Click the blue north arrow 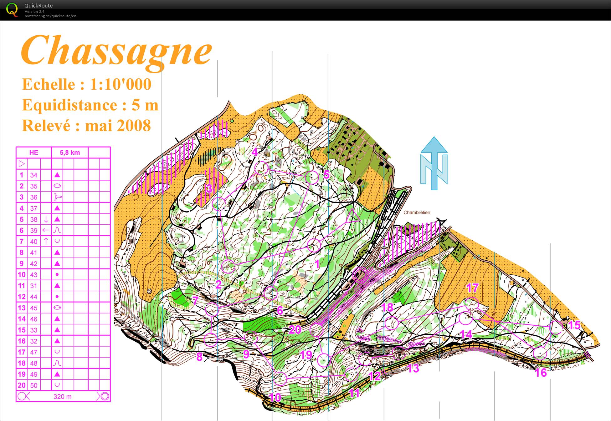pyautogui.click(x=434, y=163)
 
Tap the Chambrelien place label pyautogui.click(x=417, y=213)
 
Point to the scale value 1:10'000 pyautogui.click(x=121, y=84)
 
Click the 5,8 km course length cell pyautogui.click(x=70, y=153)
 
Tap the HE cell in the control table pyautogui.click(x=34, y=153)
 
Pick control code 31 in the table pyautogui.click(x=33, y=286)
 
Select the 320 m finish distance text pyautogui.click(x=63, y=397)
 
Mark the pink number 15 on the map pyautogui.click(x=574, y=325)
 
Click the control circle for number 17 pyautogui.click(x=472, y=303)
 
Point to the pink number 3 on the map pyautogui.click(x=209, y=188)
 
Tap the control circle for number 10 pyautogui.click(x=280, y=379)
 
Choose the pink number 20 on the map pyautogui.click(x=295, y=329)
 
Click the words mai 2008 pyautogui.click(x=118, y=126)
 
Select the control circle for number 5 pyautogui.click(x=312, y=177)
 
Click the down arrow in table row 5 pyautogui.click(x=46, y=219)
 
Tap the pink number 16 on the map pyautogui.click(x=541, y=372)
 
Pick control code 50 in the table pyautogui.click(x=33, y=385)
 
